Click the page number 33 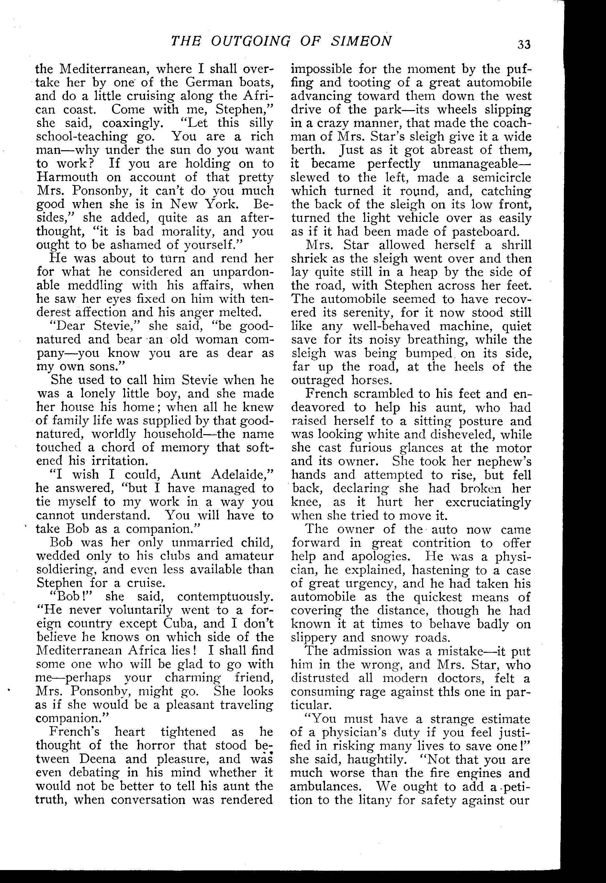(523, 44)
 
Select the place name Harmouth (67, 177)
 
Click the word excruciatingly (488, 502)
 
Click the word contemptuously (225, 596)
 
